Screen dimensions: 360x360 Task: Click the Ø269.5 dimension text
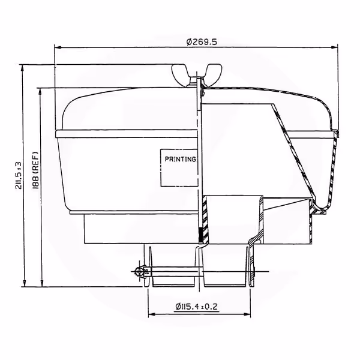coord(202,42)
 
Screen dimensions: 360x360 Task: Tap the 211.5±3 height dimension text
coord(19,175)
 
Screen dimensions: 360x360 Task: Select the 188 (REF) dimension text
coord(35,170)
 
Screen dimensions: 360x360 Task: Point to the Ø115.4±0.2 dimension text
coord(196,307)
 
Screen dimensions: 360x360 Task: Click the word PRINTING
coord(181,159)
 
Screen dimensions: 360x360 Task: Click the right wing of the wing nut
coord(213,73)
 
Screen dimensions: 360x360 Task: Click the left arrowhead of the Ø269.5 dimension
coord(58,47)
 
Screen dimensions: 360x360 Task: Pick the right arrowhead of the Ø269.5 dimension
coord(334,47)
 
